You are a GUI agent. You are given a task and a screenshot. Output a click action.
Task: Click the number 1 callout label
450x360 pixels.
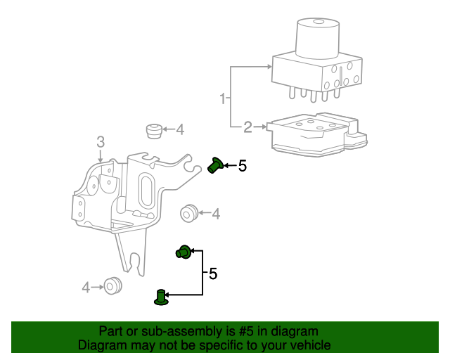(224, 98)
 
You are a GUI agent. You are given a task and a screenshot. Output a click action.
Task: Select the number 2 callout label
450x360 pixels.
(247, 127)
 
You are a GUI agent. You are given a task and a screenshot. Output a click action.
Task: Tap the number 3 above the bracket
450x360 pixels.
(101, 142)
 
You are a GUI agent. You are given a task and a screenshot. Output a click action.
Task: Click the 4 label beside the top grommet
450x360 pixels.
(180, 129)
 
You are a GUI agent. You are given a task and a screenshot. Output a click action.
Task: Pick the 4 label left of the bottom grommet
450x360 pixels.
(86, 287)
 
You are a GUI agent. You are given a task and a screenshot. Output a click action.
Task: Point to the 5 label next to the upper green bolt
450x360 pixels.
(243, 166)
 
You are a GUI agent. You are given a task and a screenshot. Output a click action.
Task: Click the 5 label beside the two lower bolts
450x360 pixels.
(213, 274)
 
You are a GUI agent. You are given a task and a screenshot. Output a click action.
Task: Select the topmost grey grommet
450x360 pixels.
(153, 130)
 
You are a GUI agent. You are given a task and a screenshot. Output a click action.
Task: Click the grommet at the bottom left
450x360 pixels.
(112, 285)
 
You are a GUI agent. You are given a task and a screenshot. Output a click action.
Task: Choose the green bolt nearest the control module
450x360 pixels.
(216, 166)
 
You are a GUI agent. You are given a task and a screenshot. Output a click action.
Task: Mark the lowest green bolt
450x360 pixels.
(161, 297)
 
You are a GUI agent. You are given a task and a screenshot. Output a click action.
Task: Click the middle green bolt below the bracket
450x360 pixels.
(184, 251)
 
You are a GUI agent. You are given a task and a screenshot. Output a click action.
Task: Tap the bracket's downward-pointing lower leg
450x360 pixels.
(131, 250)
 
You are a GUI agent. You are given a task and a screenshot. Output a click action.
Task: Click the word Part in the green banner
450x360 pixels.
(111, 331)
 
